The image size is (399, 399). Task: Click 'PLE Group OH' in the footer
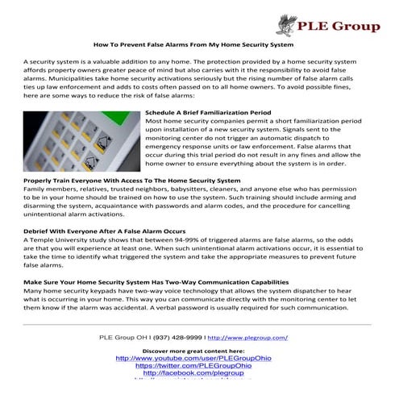[x=123, y=338]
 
